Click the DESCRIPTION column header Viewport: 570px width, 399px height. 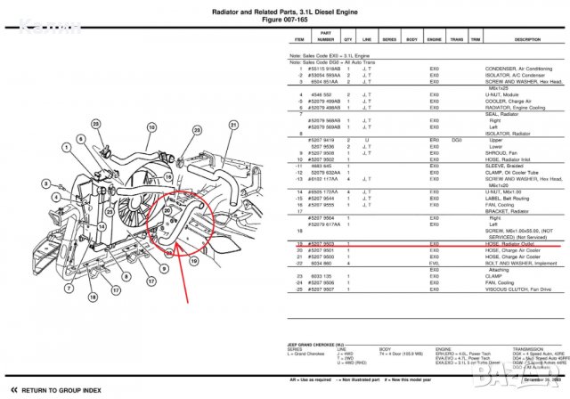coord(527,40)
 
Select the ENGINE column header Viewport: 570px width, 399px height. coord(436,40)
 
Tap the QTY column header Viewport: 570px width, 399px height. coord(348,40)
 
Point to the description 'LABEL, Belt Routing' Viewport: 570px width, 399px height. coord(509,197)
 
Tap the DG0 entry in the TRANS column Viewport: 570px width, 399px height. coord(456,140)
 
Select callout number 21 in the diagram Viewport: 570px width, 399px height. coord(232,125)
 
